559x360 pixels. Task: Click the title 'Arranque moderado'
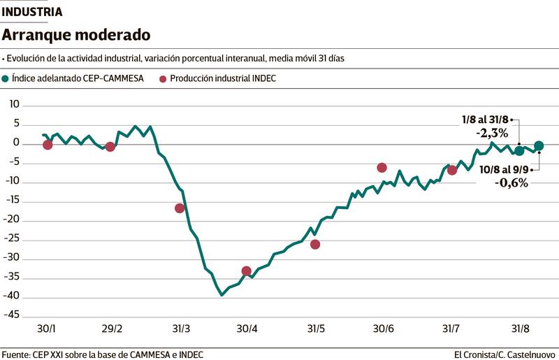click(76, 34)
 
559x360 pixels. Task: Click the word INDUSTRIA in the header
click(32, 12)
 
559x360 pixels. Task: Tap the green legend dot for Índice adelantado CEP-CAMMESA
click(6, 79)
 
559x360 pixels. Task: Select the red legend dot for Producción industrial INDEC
click(163, 79)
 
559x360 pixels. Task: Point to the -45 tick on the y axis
click(13, 314)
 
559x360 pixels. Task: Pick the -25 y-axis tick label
click(13, 238)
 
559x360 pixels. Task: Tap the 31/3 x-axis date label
click(180, 329)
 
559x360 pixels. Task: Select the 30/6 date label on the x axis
click(384, 329)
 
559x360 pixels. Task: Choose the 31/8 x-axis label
click(519, 329)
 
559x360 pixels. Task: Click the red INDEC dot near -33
click(246, 271)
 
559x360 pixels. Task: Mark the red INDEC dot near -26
click(315, 244)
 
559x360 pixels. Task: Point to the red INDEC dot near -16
click(180, 208)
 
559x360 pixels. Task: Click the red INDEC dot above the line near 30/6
click(382, 168)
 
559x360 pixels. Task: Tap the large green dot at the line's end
click(539, 145)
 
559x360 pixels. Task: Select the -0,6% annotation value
click(512, 182)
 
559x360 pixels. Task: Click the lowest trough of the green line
click(222, 295)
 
